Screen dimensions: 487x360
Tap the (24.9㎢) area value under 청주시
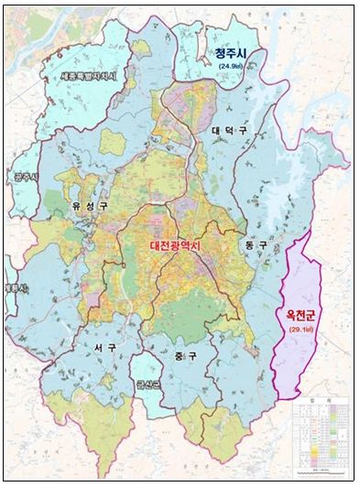point(232,68)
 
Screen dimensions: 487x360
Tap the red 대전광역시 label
point(187,245)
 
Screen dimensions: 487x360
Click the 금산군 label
point(147,385)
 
